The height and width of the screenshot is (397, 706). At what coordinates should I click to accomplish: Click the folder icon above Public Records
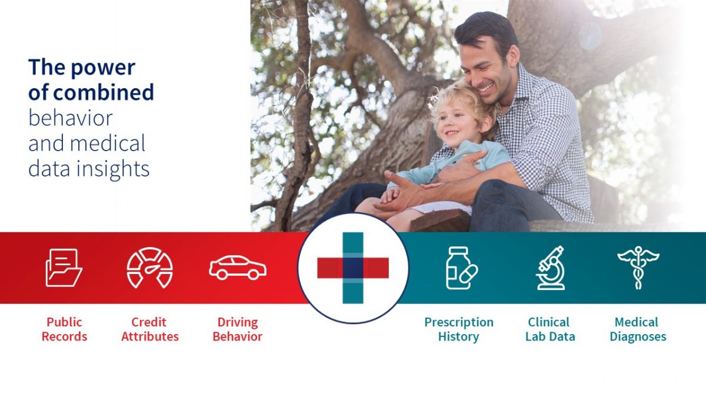point(64,268)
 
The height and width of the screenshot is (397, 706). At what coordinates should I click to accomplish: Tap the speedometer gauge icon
point(149,268)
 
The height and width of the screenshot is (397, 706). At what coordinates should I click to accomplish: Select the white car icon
point(238,268)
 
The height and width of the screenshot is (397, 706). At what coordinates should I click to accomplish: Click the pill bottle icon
point(462,268)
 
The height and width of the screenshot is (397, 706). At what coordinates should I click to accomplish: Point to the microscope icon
point(550,268)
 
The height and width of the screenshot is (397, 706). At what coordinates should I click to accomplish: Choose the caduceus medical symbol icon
point(638,268)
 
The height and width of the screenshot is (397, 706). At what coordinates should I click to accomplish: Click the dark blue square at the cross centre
point(353,268)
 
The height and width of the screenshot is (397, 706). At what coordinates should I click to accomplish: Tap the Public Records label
point(64,329)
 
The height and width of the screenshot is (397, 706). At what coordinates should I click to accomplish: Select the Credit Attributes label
point(149,329)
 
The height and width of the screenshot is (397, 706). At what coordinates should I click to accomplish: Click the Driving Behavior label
point(238,329)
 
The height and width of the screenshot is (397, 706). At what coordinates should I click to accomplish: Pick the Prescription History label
point(459,329)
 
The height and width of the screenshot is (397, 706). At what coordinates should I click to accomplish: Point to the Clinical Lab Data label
point(550,329)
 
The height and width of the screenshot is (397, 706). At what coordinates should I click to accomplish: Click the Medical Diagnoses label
point(638,329)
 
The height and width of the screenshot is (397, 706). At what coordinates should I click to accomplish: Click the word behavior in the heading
point(70,118)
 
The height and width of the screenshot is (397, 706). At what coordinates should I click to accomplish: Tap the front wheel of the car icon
point(254,274)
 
